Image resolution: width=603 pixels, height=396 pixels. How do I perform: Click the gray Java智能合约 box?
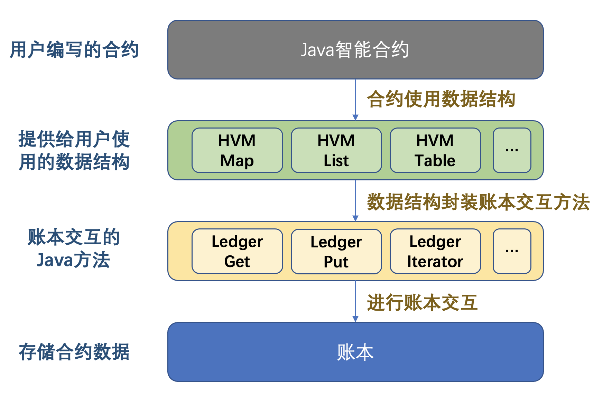355,50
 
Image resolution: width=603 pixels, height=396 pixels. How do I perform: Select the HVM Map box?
237,150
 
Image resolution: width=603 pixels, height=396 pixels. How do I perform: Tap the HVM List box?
336,150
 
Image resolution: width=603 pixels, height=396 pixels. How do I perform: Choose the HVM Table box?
435,150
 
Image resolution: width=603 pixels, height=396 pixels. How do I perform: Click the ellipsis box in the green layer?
512,150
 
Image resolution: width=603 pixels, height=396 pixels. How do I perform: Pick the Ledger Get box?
237,251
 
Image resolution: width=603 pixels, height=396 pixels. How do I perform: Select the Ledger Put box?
336,251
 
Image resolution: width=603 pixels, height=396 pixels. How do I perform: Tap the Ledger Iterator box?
435,251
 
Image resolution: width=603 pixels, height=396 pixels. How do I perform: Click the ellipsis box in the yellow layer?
512,251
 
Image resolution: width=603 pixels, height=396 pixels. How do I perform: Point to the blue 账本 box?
355,352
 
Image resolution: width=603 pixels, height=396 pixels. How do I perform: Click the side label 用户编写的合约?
74,50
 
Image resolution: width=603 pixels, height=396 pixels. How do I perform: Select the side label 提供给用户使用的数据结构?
74,150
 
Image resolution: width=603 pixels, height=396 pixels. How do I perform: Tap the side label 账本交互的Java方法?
74,248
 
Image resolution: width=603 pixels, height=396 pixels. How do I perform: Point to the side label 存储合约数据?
74,352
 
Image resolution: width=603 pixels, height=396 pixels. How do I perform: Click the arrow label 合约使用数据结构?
441,99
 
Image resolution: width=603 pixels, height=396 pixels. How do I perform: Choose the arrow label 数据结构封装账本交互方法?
478,202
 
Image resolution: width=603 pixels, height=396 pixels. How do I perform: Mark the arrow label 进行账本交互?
423,303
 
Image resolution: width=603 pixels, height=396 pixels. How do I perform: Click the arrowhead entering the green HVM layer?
355,118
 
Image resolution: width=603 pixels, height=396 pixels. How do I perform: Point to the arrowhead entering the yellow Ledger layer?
355,218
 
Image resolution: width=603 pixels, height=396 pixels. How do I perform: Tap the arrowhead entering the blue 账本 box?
355,319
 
